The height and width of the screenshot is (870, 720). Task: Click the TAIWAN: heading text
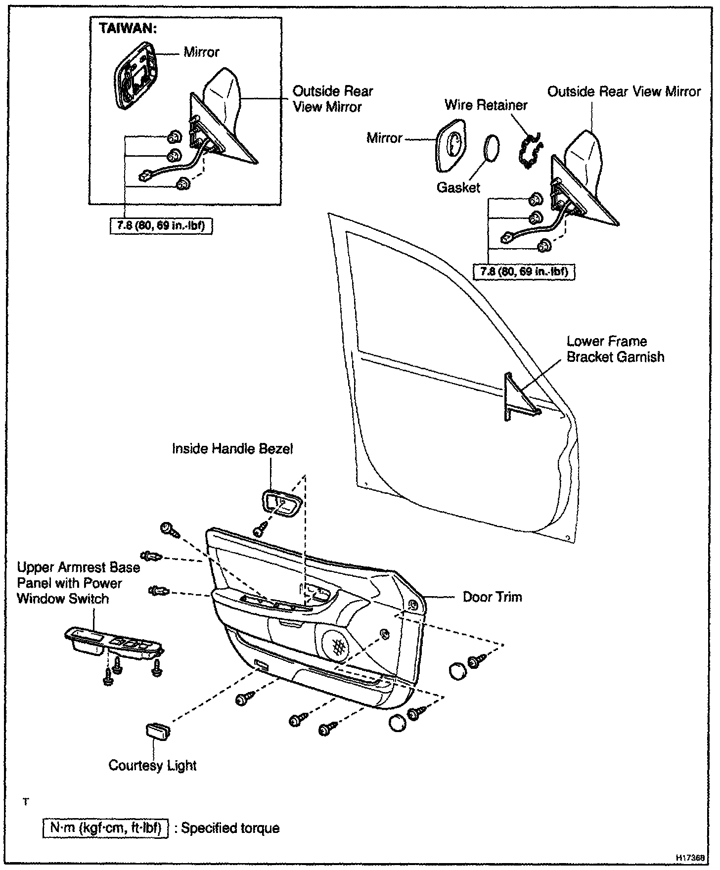[x=128, y=28]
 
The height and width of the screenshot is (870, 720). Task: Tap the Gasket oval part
[x=491, y=147]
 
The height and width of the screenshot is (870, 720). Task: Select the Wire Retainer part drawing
[x=529, y=151]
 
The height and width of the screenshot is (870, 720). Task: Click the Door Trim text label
[x=492, y=597]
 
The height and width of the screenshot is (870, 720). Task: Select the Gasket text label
[x=458, y=187]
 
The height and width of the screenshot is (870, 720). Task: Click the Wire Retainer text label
[x=486, y=105]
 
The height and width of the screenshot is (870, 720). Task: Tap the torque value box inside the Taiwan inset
[x=161, y=226]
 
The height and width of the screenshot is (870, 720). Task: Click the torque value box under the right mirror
[x=524, y=272]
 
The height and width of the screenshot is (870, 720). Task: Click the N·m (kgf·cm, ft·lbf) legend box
[x=106, y=828]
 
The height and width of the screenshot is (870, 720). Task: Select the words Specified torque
[x=230, y=828]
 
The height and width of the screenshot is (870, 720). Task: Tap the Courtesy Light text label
[x=152, y=765]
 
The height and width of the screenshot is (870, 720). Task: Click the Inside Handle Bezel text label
[x=232, y=449]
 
